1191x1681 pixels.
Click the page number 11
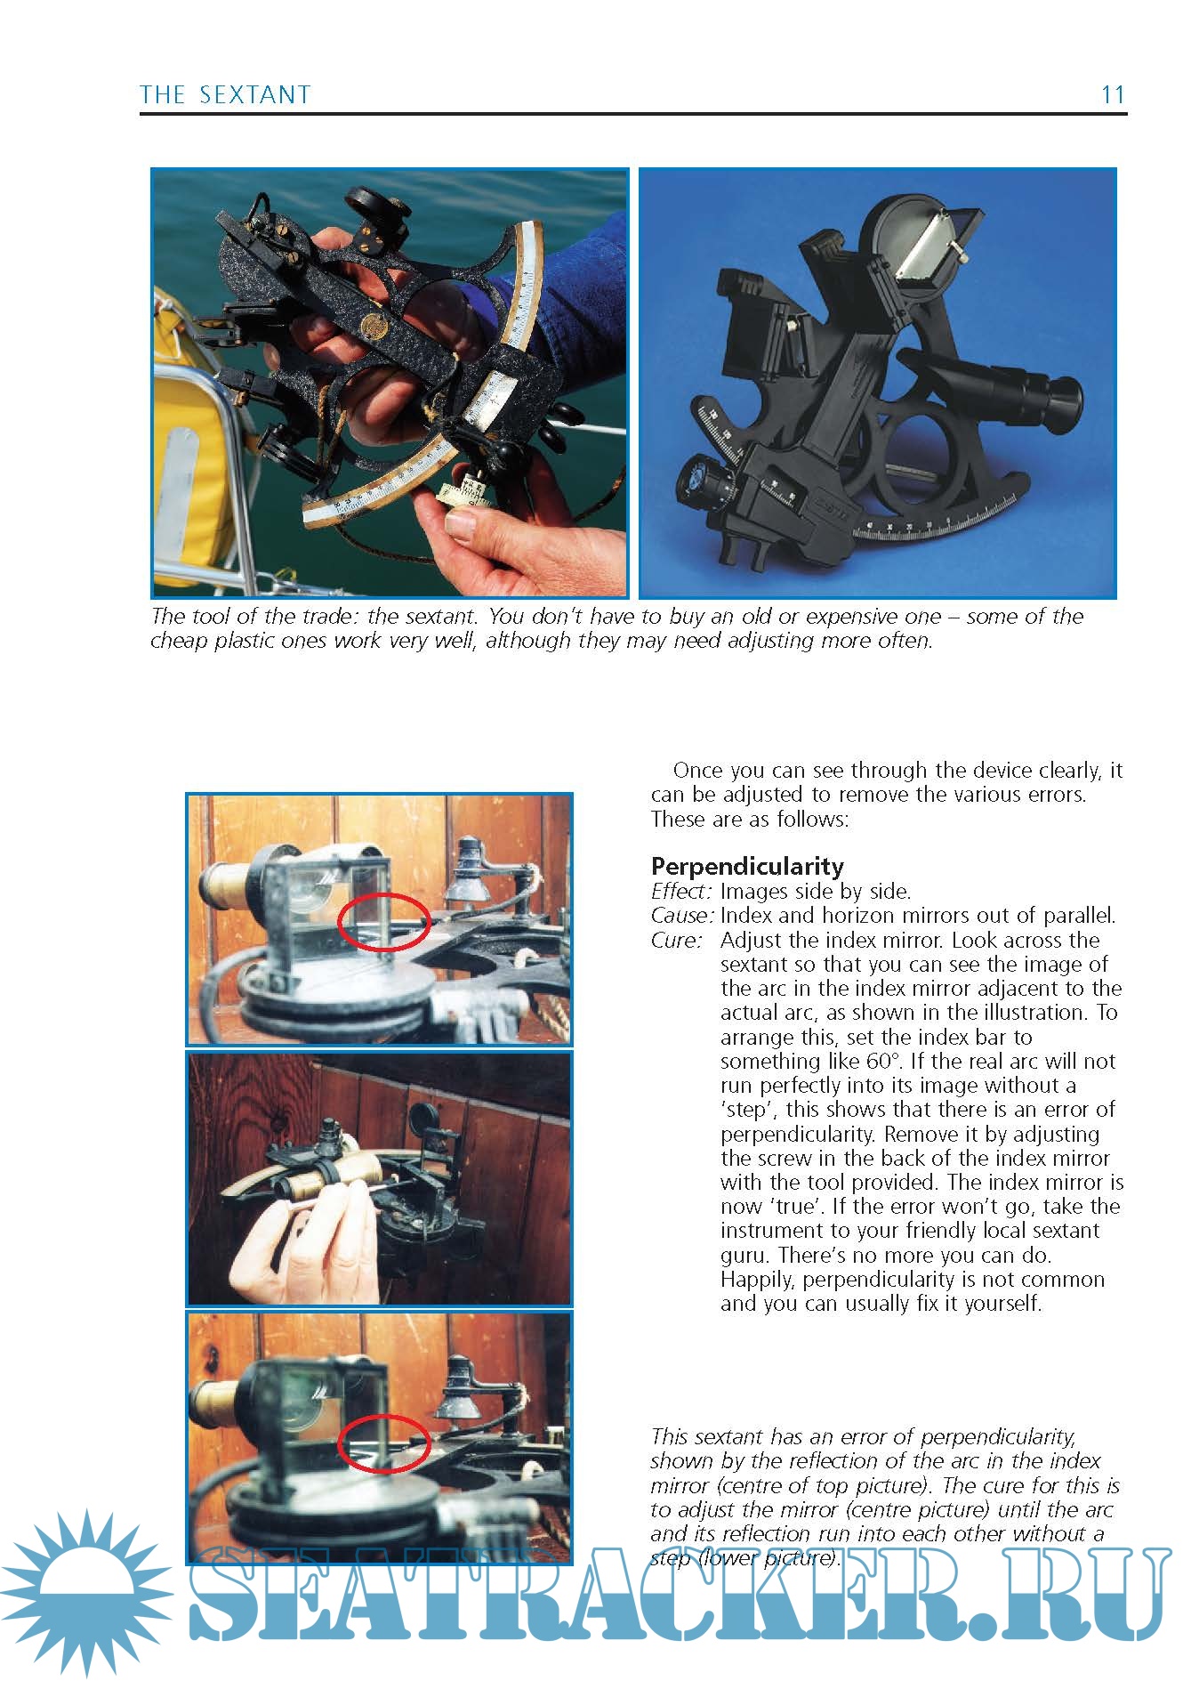point(1113,94)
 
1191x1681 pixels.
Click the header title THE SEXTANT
point(225,94)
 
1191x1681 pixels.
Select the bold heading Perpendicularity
point(747,866)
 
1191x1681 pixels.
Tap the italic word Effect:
point(681,891)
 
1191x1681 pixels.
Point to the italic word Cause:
point(682,915)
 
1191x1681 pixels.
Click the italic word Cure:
point(677,940)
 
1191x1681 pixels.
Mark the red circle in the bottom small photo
point(384,1443)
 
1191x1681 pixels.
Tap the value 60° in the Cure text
point(882,1061)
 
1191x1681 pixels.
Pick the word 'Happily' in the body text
point(759,1281)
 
